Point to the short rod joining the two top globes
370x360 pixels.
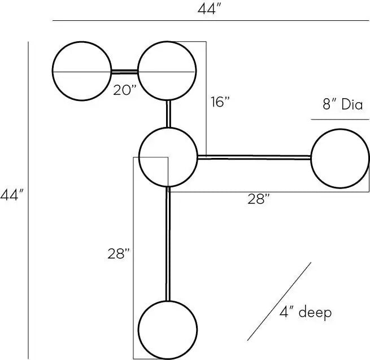(x=124, y=72)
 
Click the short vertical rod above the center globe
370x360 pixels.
(x=168, y=114)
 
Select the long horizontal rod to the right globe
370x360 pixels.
(x=254, y=157)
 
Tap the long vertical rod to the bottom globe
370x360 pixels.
(x=168, y=244)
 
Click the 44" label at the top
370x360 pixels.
(x=209, y=10)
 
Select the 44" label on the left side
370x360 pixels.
(x=12, y=195)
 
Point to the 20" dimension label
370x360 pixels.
(x=125, y=90)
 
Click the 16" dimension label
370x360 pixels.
(x=220, y=102)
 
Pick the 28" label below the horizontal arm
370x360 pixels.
(x=258, y=199)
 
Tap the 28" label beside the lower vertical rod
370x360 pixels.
(x=119, y=254)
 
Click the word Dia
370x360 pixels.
(x=352, y=104)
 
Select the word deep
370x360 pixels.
(x=315, y=313)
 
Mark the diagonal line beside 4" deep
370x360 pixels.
(x=279, y=301)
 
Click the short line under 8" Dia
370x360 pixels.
(x=340, y=120)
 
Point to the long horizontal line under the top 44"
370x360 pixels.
(x=211, y=21)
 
